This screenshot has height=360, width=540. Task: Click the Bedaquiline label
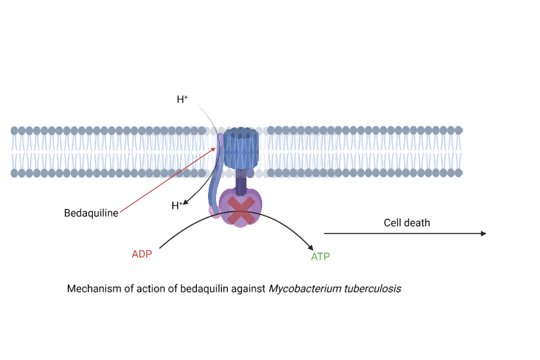91,213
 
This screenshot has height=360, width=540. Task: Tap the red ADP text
142,254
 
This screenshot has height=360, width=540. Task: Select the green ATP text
320,257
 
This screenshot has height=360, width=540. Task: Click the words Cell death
407,223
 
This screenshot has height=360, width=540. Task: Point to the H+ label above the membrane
182,100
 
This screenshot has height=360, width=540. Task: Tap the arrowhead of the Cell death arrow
484,233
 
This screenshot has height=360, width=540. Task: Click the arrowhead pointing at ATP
311,247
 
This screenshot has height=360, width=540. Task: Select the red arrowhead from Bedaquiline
214,148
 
